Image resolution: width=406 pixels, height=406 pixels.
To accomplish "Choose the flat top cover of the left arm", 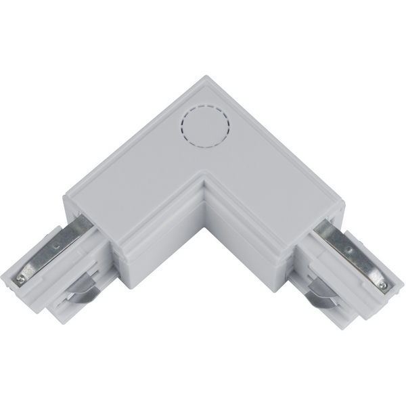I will [135, 169].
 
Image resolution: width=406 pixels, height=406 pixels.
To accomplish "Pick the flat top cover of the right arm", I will [271, 169].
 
